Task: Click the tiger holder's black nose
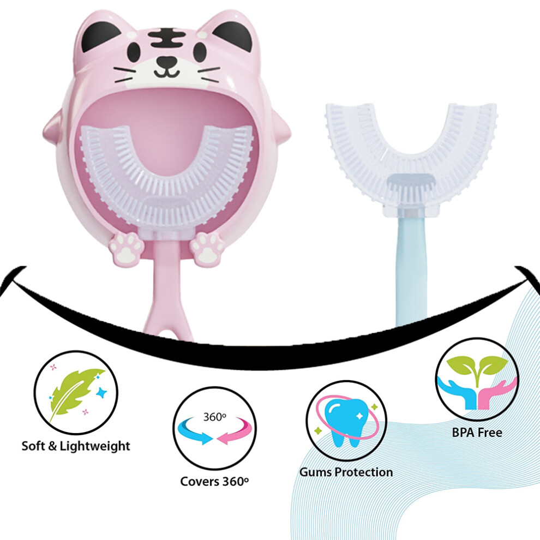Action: click(167, 61)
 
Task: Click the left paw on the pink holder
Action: click(125, 247)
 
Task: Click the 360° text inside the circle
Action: click(215, 417)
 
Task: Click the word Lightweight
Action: click(95, 446)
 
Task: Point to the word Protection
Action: click(364, 472)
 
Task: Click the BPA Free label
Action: click(477, 432)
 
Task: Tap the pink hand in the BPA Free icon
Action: click(496, 393)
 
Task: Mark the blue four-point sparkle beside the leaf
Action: click(101, 392)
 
